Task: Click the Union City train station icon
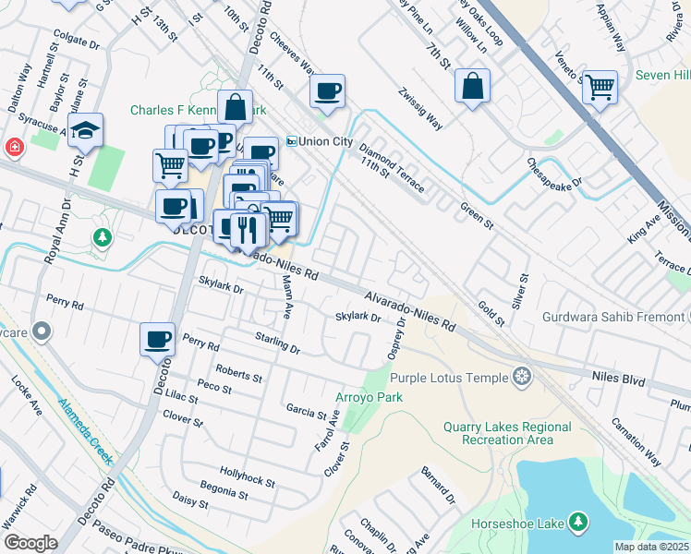291,141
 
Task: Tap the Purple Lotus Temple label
449,378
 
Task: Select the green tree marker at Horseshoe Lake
578,523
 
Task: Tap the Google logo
30,542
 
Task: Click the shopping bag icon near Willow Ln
472,86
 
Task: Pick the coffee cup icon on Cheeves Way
327,90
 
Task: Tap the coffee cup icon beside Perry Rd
157,338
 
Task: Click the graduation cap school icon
85,130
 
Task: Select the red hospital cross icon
15,147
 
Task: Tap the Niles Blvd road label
617,377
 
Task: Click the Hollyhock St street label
249,476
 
